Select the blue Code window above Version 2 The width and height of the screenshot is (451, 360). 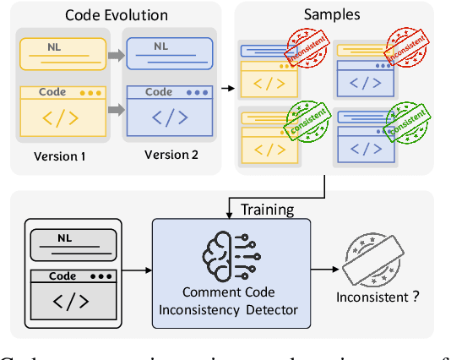click(166, 111)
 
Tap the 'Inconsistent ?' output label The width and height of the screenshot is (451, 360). click(379, 297)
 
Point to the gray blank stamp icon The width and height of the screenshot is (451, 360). click(380, 257)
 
